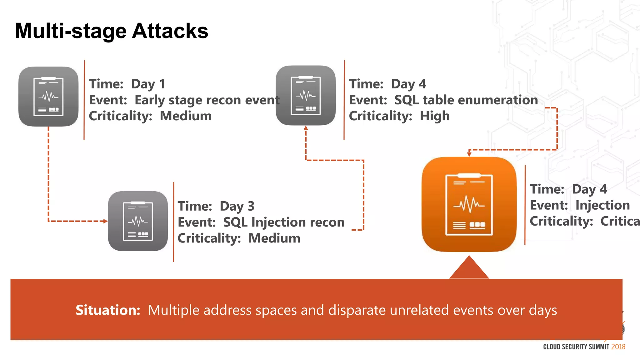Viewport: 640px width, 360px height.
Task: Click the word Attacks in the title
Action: point(170,31)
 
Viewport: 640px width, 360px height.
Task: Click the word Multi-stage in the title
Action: point(71,31)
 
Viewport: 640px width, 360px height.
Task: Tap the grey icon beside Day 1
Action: point(48,96)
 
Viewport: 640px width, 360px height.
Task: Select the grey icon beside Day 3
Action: point(138,221)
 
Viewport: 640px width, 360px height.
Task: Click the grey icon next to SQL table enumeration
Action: point(306,95)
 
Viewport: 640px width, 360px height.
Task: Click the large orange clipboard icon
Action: point(469,204)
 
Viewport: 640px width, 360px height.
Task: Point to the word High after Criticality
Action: point(434,116)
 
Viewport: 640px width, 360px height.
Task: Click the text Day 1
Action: point(148,84)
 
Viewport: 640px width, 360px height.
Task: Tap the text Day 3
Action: point(237,206)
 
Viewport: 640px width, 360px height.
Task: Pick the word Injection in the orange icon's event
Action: point(602,205)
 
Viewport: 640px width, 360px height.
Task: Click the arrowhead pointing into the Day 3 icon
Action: point(106,221)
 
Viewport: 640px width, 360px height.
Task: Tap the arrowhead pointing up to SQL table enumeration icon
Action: point(306,128)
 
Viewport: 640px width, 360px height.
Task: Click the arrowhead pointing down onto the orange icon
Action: point(469,154)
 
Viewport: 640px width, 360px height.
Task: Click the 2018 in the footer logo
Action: point(618,347)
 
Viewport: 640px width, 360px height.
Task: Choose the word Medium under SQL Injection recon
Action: point(274,238)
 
